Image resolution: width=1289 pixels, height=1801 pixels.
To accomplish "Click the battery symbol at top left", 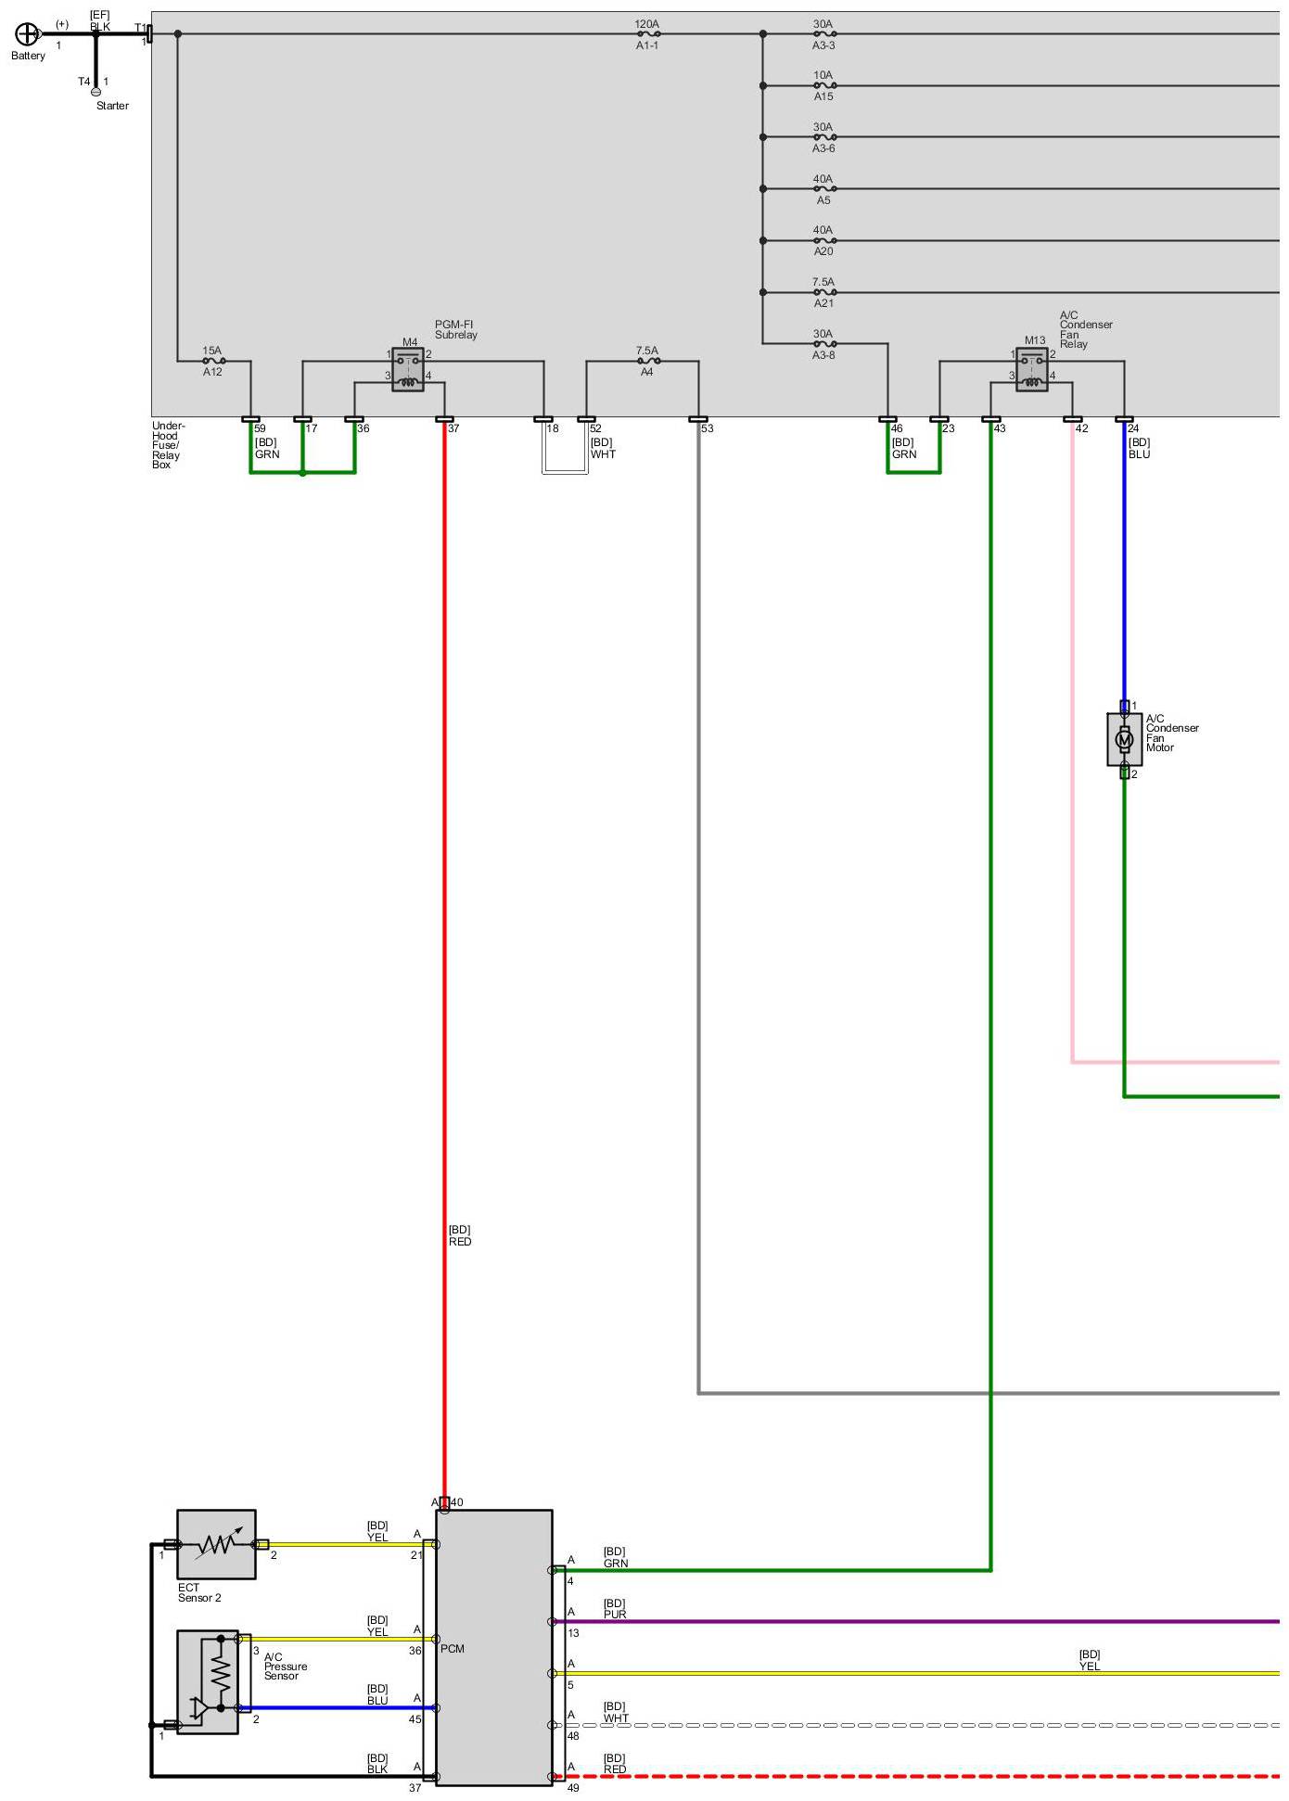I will [x=28, y=34].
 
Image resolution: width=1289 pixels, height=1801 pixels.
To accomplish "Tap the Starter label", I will [x=112, y=106].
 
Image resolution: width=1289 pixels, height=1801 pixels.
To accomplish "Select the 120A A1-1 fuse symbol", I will [x=647, y=34].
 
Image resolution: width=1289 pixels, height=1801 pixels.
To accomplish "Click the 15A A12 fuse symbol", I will [x=213, y=361].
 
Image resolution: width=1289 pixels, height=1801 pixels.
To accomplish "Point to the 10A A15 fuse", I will [x=823, y=85].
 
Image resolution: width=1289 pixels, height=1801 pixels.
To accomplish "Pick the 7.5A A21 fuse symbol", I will [x=823, y=292].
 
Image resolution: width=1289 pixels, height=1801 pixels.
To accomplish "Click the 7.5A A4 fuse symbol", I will [x=647, y=361].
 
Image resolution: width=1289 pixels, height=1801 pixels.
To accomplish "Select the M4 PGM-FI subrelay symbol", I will [x=408, y=369].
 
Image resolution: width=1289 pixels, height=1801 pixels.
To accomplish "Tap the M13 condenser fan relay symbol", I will [x=1032, y=369].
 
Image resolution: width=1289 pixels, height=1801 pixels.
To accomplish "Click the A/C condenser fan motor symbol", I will [x=1124, y=739].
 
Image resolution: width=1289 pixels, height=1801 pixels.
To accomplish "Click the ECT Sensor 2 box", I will [x=216, y=1544].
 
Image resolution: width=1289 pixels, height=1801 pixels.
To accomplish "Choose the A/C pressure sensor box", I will [x=208, y=1682].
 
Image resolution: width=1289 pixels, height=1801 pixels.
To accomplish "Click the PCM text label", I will [x=453, y=1649].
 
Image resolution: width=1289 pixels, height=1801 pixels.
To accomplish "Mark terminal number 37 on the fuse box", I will [x=453, y=428].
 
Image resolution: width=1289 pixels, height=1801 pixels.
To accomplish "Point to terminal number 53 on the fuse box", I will [x=708, y=428].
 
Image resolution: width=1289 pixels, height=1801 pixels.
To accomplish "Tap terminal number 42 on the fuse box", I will [x=1081, y=428].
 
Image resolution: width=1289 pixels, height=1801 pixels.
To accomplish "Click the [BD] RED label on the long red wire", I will [x=460, y=1235].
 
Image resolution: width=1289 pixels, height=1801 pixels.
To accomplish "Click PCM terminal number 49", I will [x=573, y=1788].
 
